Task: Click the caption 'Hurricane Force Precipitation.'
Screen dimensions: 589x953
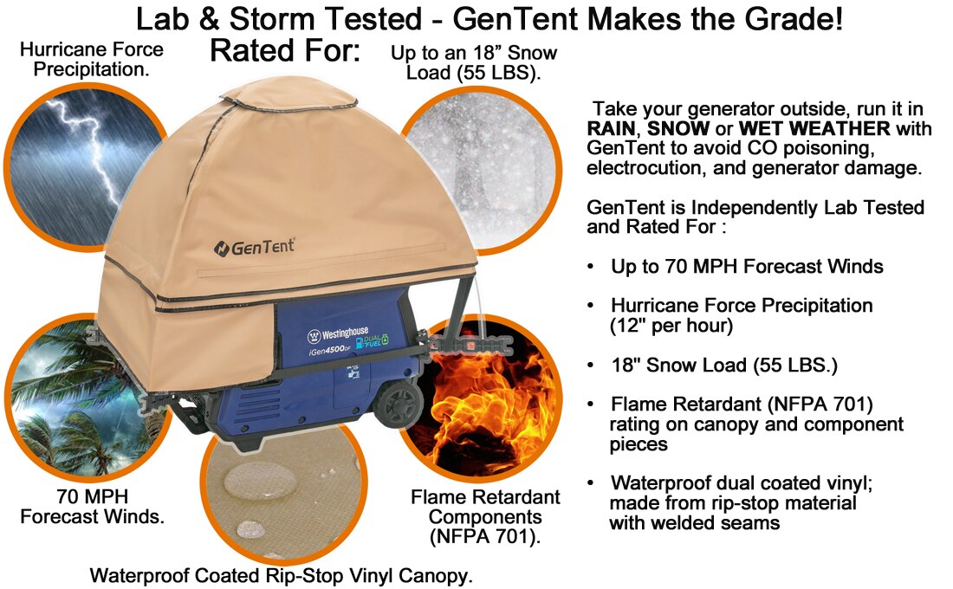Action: (92, 59)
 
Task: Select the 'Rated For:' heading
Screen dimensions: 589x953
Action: (284, 51)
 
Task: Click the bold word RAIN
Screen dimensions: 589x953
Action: (611, 128)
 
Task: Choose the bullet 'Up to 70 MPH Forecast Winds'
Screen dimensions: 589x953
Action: (746, 266)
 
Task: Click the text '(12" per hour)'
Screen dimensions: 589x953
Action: (671, 326)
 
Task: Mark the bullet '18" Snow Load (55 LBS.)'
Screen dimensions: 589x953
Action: (724, 365)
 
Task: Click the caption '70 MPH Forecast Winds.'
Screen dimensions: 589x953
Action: (93, 508)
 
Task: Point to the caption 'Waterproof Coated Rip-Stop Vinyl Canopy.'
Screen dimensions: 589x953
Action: (282, 575)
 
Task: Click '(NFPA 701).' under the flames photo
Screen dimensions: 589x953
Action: (485, 536)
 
